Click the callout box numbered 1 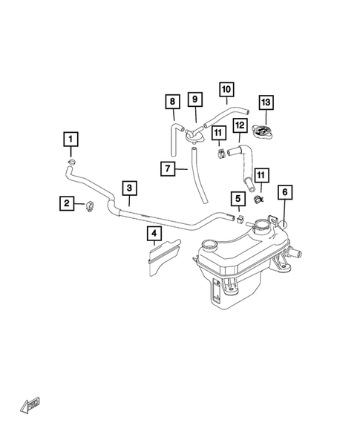[71, 139]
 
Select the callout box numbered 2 [67, 203]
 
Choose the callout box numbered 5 [237, 198]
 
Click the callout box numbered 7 [168, 168]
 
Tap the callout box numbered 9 [194, 99]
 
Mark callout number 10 [226, 89]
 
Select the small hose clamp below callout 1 [72, 163]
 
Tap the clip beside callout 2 [91, 206]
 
